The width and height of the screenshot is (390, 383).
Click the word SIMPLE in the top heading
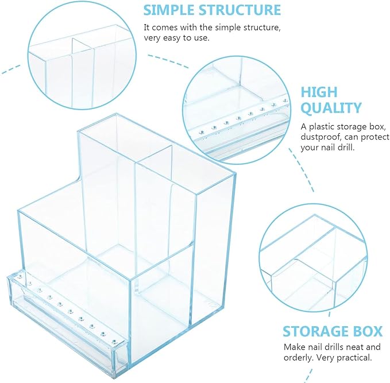(x=169, y=10)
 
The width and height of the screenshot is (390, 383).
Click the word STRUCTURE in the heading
(x=240, y=10)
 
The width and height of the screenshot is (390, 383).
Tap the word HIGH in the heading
(x=319, y=92)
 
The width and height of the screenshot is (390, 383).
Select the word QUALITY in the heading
(x=331, y=108)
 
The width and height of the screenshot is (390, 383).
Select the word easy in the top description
(x=172, y=38)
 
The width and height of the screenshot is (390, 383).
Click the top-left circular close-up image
(x=82, y=56)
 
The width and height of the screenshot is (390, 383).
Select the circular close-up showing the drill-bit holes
(x=237, y=110)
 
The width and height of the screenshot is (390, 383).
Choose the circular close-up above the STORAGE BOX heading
(x=314, y=258)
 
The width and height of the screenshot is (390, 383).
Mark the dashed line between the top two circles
(x=168, y=61)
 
